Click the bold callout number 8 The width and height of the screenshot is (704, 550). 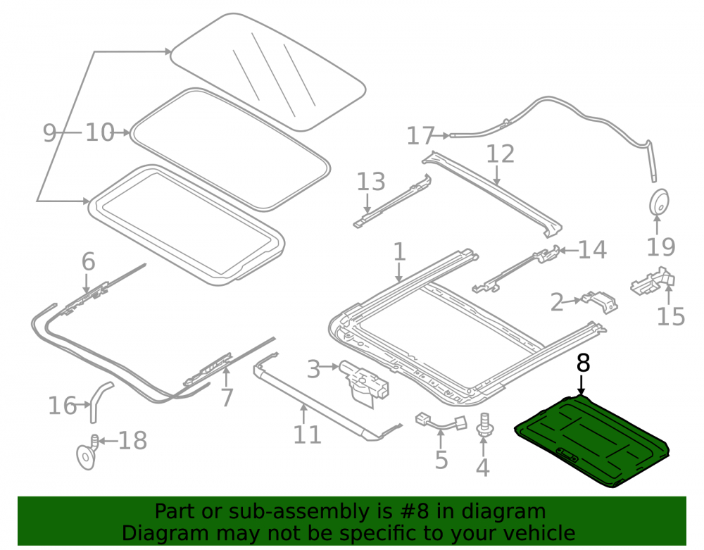[583, 363]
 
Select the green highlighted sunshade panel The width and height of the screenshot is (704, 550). [592, 440]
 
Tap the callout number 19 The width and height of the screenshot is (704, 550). [661, 247]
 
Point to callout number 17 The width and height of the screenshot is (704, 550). [421, 136]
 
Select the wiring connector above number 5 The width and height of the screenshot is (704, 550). [441, 422]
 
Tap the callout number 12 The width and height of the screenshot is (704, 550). [500, 154]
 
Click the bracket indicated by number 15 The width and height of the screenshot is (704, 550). [653, 282]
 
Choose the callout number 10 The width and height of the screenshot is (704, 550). [100, 133]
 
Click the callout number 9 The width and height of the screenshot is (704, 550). [49, 133]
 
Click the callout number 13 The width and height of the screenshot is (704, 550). [371, 182]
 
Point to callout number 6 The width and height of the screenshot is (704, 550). [88, 261]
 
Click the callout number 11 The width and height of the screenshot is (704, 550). [307, 435]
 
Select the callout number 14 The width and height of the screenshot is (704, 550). [593, 249]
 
